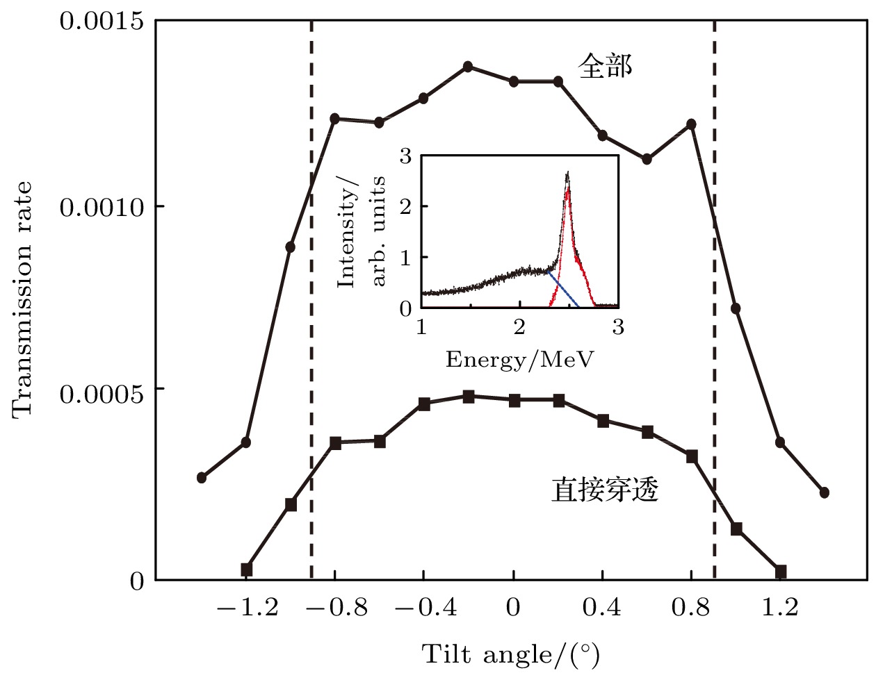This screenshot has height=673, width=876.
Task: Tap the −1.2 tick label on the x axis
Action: point(246,608)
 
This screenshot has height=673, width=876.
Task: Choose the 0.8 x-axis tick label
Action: point(691,608)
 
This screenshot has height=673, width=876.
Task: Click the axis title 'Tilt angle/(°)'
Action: point(510,654)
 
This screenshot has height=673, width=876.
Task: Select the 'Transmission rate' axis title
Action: point(22,299)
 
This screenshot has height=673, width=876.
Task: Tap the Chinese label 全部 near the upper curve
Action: point(606,67)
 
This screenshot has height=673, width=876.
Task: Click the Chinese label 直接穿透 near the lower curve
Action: point(605,490)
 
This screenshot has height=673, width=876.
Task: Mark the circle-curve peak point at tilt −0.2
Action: point(469,67)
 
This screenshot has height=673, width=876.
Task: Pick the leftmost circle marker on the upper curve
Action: point(202,478)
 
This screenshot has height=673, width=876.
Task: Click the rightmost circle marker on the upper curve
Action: point(825,492)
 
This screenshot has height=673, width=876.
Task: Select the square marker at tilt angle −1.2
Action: point(246,570)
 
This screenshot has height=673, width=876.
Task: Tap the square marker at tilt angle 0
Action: point(514,400)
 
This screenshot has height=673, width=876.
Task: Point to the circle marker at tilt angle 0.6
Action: point(647,159)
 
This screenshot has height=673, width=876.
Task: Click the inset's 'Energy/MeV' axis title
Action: point(519,359)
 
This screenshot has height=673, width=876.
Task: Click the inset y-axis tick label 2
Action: point(405,206)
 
